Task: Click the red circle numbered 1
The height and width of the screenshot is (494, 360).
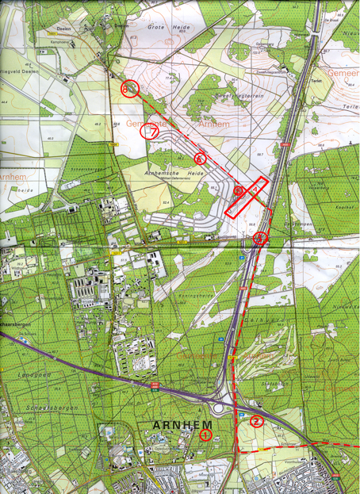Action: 205,434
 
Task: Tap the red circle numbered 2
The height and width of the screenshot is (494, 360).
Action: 256,422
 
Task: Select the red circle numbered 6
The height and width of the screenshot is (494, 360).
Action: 200,159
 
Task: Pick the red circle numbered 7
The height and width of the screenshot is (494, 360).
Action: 149,132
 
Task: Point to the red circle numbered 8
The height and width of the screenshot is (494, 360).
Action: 130,89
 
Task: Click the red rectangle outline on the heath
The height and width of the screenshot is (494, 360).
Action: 245,197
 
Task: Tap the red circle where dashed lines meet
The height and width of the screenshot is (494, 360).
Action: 262,236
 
